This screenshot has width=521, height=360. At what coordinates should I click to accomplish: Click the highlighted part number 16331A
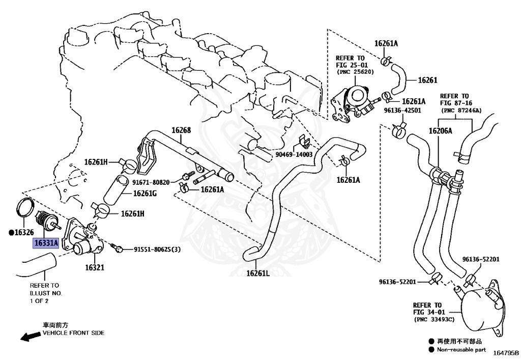coord(46,243)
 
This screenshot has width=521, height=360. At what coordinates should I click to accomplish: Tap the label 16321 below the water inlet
coord(94,267)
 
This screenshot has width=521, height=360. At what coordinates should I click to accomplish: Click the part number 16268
coord(181,130)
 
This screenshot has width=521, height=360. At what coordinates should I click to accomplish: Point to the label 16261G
coord(145,193)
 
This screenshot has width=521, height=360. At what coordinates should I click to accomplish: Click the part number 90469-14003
coord(294,154)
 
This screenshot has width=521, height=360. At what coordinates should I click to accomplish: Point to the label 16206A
coord(440,131)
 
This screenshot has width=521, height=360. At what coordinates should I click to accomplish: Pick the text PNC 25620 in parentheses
coord(355,72)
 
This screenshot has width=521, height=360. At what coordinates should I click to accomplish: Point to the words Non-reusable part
coord(460,349)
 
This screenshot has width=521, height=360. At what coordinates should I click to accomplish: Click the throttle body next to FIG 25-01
coord(354,102)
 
